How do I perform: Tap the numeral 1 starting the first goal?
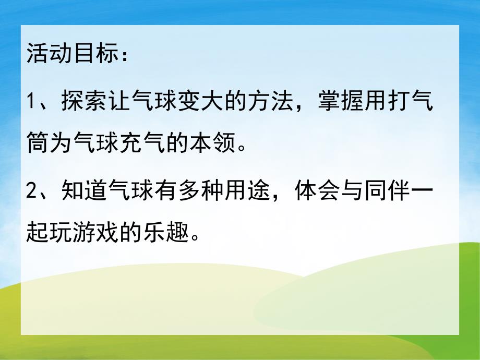pos(30,101)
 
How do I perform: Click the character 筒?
pos(36,141)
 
